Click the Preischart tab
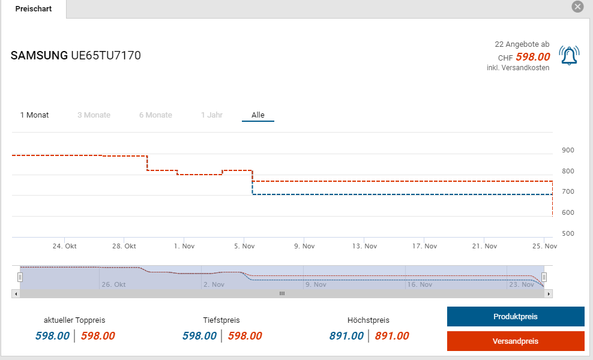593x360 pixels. (33, 9)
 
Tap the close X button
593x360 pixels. (577, 7)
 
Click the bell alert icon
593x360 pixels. (569, 55)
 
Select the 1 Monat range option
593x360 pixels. (35, 115)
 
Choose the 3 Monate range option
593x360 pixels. (94, 115)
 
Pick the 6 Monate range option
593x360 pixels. (155, 115)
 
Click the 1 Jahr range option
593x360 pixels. (212, 115)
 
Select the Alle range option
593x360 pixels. (258, 115)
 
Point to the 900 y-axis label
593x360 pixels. (568, 150)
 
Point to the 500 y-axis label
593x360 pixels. (568, 233)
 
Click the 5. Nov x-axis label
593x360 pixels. (244, 246)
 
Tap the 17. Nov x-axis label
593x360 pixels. (424, 246)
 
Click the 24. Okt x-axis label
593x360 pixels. (64, 246)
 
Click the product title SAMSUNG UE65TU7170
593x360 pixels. (76, 56)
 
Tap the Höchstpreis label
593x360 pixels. (368, 320)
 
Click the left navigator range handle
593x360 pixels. (20, 277)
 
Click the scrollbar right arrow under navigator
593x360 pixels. (549, 293)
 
